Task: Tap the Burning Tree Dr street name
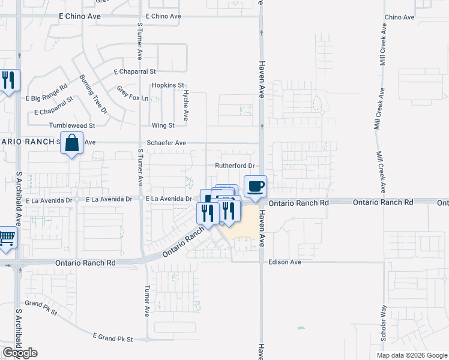pyautogui.click(x=92, y=94)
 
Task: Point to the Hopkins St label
pyautogui.click(x=167, y=85)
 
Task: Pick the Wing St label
pyautogui.click(x=163, y=125)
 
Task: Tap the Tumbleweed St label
pyautogui.click(x=72, y=125)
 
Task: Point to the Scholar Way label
pyautogui.click(x=384, y=324)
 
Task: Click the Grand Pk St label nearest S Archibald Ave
pyautogui.click(x=41, y=308)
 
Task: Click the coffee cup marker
pyautogui.click(x=255, y=186)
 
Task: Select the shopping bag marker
pyautogui.click(x=71, y=143)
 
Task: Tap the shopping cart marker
pyautogui.click(x=7, y=238)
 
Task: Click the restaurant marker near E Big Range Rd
pyautogui.click(x=8, y=80)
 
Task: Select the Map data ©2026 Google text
pyautogui.click(x=411, y=355)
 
